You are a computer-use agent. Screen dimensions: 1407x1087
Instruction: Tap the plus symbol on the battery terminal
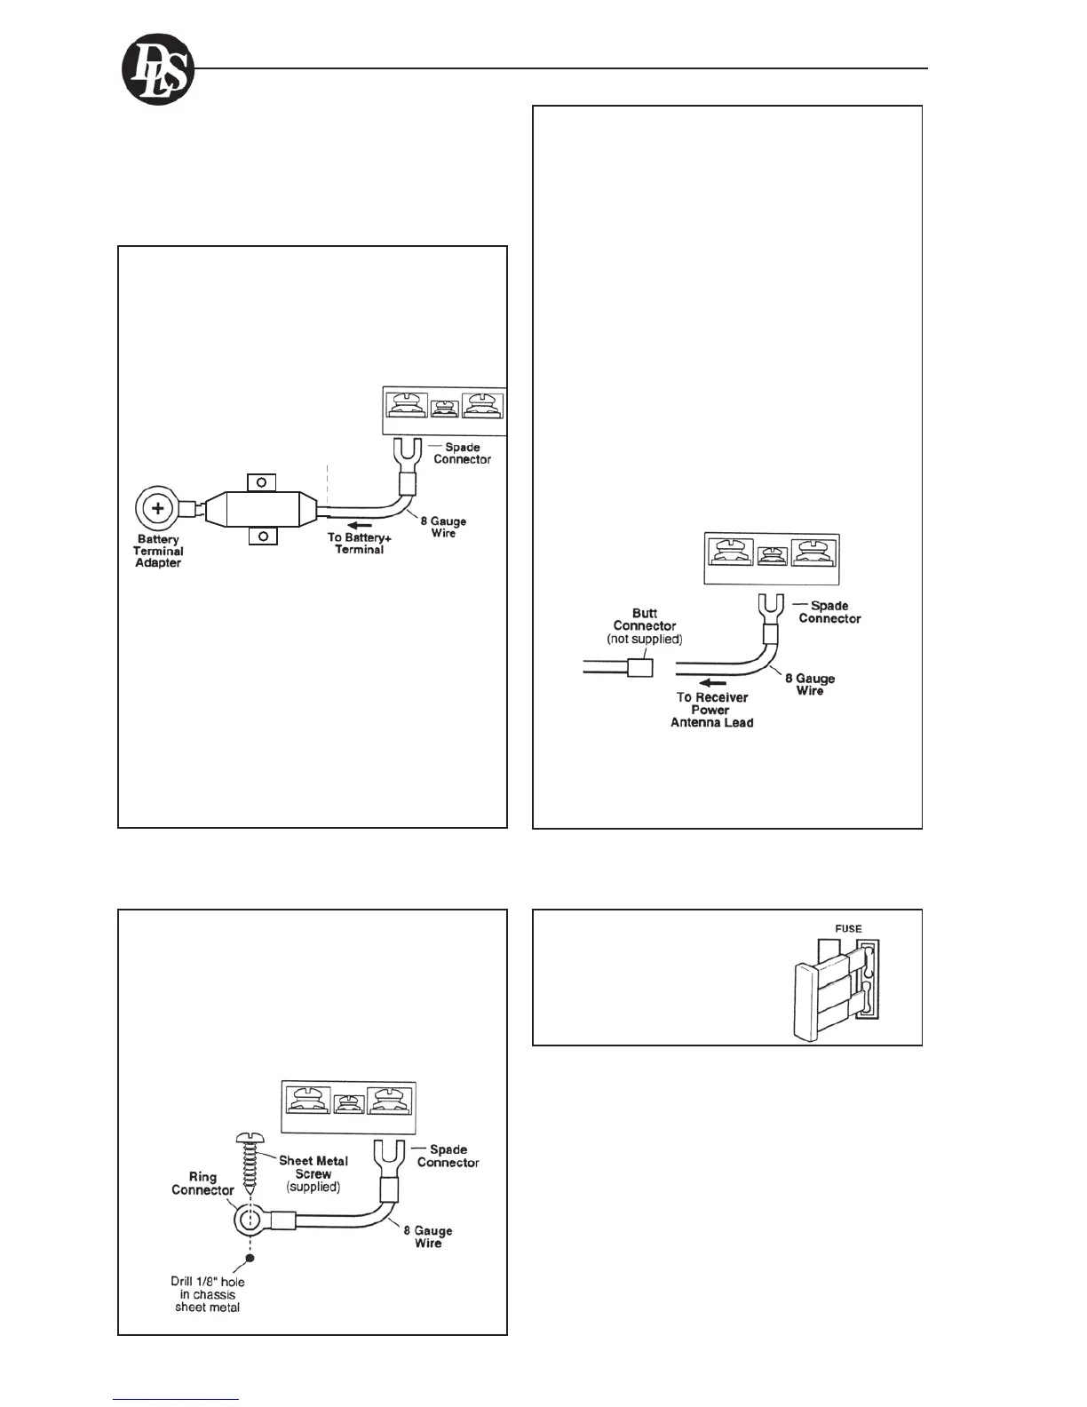pos(158,509)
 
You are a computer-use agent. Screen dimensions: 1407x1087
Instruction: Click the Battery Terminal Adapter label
pos(158,552)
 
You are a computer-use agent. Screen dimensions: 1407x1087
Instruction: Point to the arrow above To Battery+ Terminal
pos(360,525)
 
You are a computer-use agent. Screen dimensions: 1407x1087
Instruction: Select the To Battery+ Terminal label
pos(360,544)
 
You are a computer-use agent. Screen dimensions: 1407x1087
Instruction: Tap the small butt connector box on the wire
pos(640,667)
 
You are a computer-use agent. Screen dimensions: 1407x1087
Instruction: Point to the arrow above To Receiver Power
pos(711,683)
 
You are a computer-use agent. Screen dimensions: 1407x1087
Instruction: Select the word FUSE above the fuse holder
pos(848,929)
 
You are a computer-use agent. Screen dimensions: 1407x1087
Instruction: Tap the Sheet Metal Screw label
pos(313,1173)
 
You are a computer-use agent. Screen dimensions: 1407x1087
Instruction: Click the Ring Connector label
pos(202,1183)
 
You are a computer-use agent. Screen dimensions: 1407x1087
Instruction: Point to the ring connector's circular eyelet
pos(250,1220)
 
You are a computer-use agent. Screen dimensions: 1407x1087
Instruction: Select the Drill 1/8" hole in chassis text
pos(208,1294)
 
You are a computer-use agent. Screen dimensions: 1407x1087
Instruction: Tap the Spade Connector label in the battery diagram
pos(462,453)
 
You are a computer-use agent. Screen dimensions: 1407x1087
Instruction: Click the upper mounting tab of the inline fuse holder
pos(261,481)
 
